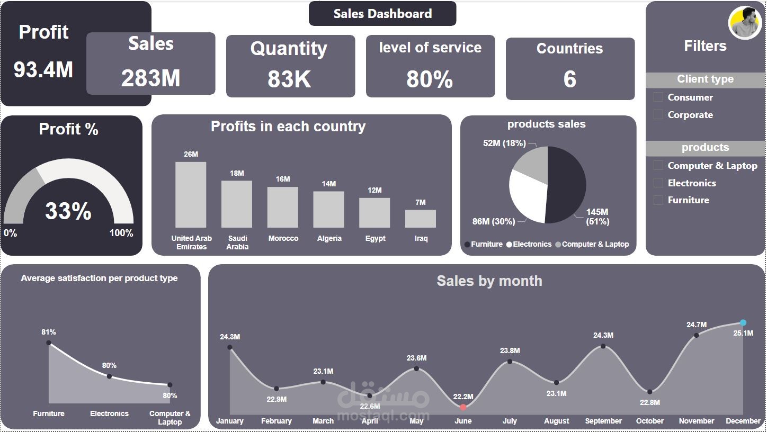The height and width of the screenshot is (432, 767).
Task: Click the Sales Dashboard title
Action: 382,14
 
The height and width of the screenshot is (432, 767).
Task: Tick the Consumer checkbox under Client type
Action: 658,97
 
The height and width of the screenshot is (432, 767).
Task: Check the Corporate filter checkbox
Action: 658,115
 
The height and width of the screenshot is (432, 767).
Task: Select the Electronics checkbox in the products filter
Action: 658,183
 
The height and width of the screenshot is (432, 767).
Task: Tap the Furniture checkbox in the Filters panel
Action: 658,200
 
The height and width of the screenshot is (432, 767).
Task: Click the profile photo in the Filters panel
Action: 745,23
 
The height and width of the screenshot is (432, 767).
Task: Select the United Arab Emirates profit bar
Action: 191,194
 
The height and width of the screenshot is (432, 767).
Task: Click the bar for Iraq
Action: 421,219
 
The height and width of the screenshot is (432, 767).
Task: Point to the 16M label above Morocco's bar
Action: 283,179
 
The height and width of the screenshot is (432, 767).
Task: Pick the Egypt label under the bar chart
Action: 375,239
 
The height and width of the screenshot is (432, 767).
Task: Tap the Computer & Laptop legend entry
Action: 592,245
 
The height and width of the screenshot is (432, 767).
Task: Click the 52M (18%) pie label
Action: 504,143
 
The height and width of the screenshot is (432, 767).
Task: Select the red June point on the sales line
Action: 463,407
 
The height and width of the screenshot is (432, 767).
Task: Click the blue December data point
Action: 743,323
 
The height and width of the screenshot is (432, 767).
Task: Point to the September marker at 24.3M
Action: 603,346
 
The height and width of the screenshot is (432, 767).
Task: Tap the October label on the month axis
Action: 649,421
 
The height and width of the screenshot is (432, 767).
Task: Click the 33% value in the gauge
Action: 68,211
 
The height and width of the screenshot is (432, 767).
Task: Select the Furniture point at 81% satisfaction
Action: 49,343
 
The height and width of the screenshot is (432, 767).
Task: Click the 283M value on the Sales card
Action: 150,79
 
